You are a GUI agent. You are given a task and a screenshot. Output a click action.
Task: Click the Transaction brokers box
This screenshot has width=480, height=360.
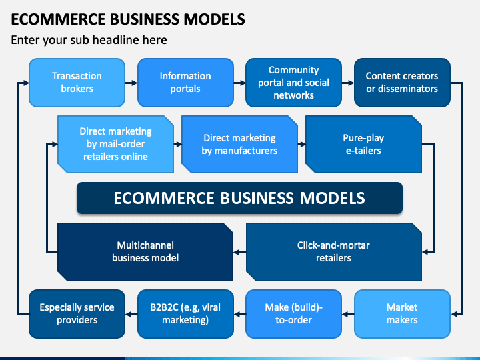click(77, 83)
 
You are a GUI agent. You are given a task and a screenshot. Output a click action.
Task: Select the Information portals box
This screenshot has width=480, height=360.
click(185, 83)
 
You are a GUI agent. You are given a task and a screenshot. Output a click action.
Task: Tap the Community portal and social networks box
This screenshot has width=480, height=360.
click(293, 83)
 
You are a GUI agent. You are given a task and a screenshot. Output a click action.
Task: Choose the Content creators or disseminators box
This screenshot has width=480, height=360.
click(402, 83)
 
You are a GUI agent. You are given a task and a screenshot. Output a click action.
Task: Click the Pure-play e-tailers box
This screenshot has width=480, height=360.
click(364, 144)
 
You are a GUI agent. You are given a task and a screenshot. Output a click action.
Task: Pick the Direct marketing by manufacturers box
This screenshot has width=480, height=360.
click(240, 144)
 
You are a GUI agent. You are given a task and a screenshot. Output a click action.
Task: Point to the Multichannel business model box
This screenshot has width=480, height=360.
click(145, 252)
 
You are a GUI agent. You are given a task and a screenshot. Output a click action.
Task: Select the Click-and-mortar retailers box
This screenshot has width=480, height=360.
click(334, 252)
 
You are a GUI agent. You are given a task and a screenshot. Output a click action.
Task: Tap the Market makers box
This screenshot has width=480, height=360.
click(402, 314)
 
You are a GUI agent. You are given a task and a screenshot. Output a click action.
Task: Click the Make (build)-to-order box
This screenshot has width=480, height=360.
click(293, 314)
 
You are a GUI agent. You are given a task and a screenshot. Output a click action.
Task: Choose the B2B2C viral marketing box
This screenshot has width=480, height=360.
click(185, 314)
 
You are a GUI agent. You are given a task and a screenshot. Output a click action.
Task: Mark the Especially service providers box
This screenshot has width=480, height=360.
click(77, 314)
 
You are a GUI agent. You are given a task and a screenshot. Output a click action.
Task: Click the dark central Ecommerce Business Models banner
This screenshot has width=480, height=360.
click(239, 198)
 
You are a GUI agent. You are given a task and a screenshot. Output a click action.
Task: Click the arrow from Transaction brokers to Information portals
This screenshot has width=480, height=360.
click(131, 83)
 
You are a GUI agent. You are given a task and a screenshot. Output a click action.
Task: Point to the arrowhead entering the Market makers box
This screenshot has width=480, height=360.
click(454, 314)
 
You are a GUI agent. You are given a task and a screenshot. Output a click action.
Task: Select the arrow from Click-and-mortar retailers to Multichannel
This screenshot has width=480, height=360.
click(240, 252)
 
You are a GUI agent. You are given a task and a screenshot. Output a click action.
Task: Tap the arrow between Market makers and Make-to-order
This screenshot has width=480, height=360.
click(348, 314)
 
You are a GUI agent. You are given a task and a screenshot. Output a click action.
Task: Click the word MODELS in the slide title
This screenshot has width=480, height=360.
click(214, 19)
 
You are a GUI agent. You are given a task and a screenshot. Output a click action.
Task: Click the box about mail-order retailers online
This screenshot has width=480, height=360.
click(116, 144)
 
